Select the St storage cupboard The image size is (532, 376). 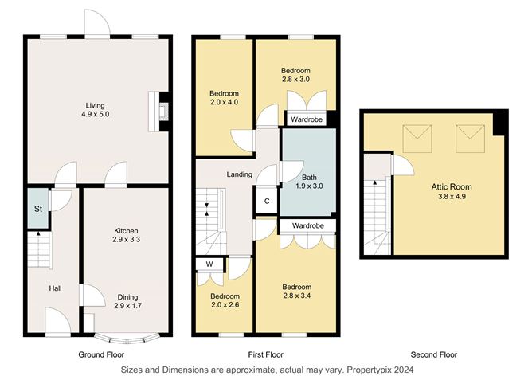coord(37,210)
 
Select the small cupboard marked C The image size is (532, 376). coord(267,201)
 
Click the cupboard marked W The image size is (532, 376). coord(209,264)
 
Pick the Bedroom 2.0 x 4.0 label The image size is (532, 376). coord(223,98)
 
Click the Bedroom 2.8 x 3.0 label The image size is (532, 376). coord(295,75)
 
